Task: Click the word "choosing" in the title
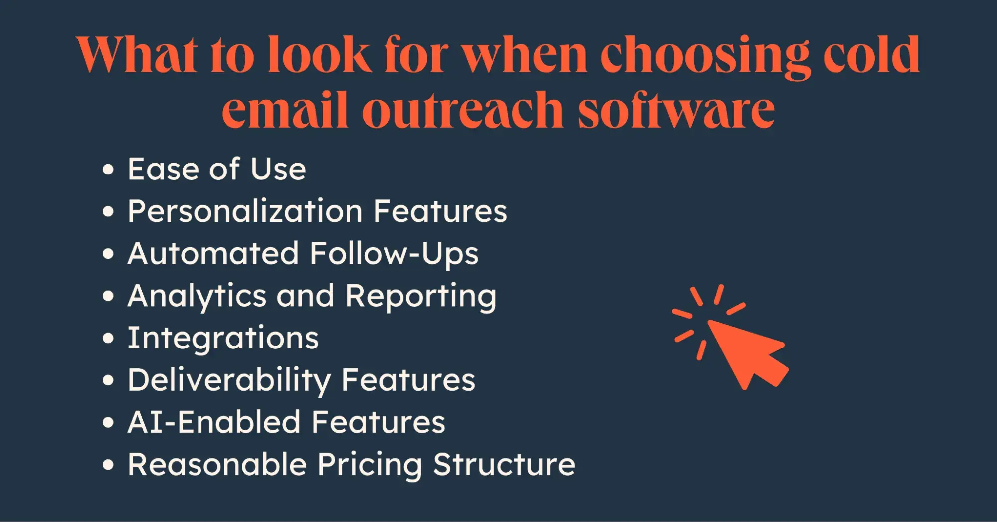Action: (705, 56)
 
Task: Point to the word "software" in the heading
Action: (676, 109)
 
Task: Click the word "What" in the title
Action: (137, 54)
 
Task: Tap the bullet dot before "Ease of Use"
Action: (108, 170)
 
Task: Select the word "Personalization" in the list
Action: (245, 211)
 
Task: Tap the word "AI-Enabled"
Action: (213, 422)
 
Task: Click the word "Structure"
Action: (504, 465)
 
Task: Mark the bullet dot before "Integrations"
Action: (108, 339)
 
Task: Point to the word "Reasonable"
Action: (217, 465)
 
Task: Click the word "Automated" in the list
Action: (213, 253)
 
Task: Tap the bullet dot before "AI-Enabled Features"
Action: (108, 423)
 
